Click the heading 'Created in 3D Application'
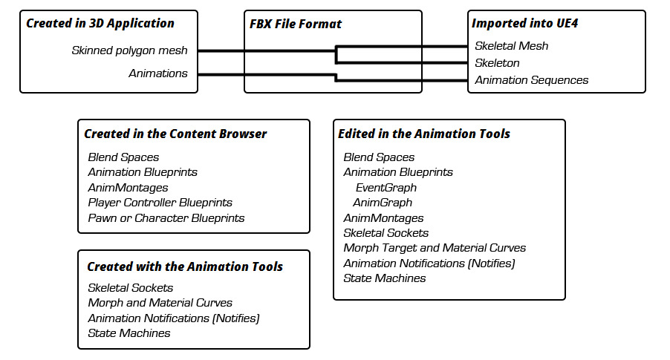coord(100,23)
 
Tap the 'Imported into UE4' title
coord(524,23)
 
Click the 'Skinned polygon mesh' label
coord(129,50)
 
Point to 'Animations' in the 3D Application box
coord(157,73)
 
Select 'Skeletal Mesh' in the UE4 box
coord(511,45)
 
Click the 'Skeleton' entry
coord(497,62)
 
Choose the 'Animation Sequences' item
coord(531,79)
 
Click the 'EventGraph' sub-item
coord(386,188)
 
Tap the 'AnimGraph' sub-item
coord(383,203)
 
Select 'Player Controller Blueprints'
coord(160,203)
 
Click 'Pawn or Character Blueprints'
coord(166,218)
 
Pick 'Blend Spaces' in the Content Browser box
coord(123,157)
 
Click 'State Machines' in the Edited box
coord(384,278)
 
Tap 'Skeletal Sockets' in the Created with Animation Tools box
coord(130,287)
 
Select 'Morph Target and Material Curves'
coord(435,248)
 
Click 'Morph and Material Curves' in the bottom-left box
coord(160,303)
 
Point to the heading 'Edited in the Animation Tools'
coord(423,134)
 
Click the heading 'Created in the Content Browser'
coord(175,134)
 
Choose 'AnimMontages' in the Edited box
coord(383,218)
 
